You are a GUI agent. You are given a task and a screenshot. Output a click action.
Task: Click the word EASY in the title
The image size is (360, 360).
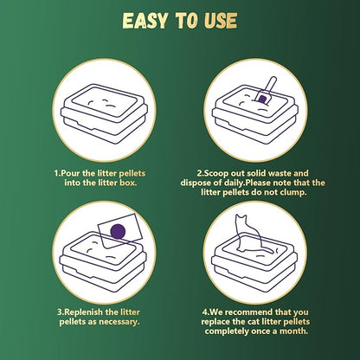[145, 21]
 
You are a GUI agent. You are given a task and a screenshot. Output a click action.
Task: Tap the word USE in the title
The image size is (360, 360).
[221, 21]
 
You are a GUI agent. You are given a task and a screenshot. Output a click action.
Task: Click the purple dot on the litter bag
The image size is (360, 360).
[118, 231]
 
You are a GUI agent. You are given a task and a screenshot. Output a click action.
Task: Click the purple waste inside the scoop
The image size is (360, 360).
[262, 100]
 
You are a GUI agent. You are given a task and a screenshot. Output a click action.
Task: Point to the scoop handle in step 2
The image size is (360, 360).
[271, 85]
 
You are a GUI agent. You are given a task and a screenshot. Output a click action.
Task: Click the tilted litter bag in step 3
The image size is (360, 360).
[120, 230]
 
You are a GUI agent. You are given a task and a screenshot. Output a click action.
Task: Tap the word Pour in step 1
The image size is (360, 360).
[71, 173]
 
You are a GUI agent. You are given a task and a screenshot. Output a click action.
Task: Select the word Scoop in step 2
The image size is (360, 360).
[216, 173]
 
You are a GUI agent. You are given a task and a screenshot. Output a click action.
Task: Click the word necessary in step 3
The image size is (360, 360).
[119, 322]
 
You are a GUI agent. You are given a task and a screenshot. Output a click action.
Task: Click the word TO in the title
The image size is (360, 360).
[186, 21]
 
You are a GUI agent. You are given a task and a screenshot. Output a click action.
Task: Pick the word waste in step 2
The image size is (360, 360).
[280, 173]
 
